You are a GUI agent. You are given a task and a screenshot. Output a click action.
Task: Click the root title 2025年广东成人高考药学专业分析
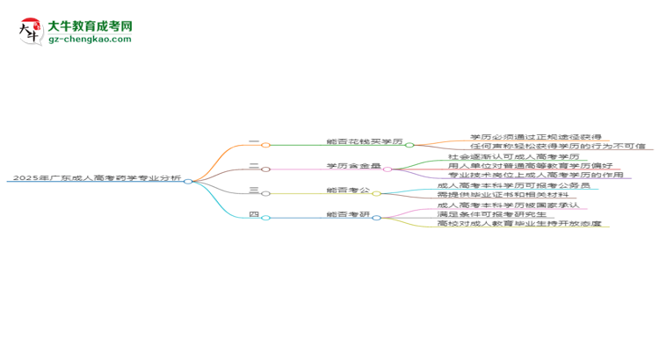point(97,177)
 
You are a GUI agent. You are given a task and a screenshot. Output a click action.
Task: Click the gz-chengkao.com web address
point(90,40)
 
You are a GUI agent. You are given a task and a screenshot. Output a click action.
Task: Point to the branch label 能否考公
point(347,190)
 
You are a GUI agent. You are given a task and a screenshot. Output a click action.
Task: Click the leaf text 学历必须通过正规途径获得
point(536,137)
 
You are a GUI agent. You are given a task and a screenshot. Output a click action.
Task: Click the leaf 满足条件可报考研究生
point(494,214)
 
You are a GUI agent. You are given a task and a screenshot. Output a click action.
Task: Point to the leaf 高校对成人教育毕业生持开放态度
point(518,224)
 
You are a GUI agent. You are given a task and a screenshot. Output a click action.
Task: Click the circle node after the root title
point(188,181)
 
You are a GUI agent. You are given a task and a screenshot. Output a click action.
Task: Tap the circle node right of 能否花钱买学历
point(409,145)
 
